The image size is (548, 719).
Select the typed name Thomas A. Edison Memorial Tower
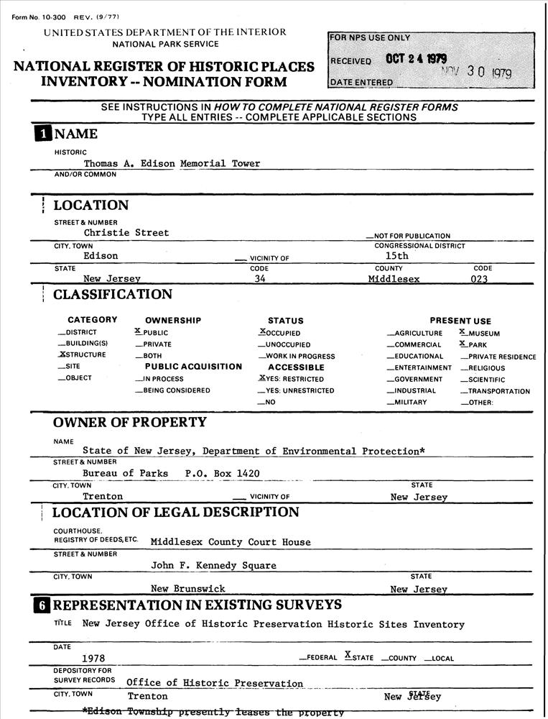pyautogui.click(x=172, y=163)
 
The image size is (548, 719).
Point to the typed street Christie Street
pyautogui.click(x=126, y=232)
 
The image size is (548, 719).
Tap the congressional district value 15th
pyautogui.click(x=396, y=255)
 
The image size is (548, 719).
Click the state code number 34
pyautogui.click(x=261, y=278)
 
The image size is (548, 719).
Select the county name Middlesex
pyautogui.click(x=394, y=278)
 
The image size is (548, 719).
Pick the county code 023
pyautogui.click(x=479, y=278)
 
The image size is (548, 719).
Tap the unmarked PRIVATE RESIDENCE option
pyautogui.click(x=498, y=357)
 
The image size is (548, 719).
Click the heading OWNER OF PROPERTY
pyautogui.click(x=129, y=422)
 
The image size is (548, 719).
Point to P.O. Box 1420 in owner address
pyautogui.click(x=222, y=473)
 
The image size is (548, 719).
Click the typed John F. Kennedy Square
pyautogui.click(x=213, y=565)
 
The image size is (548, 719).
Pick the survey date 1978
pyautogui.click(x=93, y=657)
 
